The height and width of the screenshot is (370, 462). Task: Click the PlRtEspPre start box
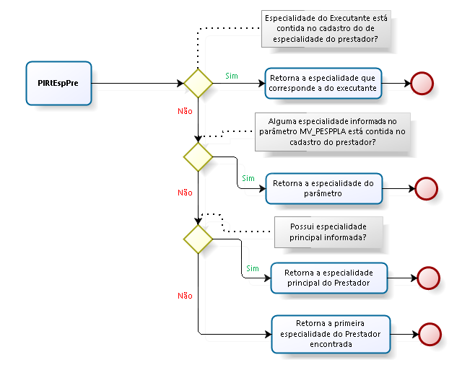58,83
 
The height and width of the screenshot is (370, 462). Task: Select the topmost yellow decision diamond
198,83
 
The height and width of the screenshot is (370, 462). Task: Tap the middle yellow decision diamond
198,156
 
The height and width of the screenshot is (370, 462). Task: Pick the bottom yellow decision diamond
198,237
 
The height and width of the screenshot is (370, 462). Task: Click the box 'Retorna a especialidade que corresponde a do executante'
323,83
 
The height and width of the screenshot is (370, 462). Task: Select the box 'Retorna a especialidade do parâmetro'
323,188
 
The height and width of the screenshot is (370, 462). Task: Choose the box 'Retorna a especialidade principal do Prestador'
328,278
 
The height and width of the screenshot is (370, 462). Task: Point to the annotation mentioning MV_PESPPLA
332,132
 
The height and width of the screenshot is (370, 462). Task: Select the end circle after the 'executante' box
422,84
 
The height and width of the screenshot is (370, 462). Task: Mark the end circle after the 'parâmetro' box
427,189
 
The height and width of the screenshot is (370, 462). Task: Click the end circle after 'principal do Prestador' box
429,278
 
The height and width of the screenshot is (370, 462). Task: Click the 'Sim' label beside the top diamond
232,75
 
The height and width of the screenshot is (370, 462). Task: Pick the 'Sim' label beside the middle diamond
248,178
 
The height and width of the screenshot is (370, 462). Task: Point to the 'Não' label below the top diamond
185,111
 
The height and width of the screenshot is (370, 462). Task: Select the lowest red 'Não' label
185,296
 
